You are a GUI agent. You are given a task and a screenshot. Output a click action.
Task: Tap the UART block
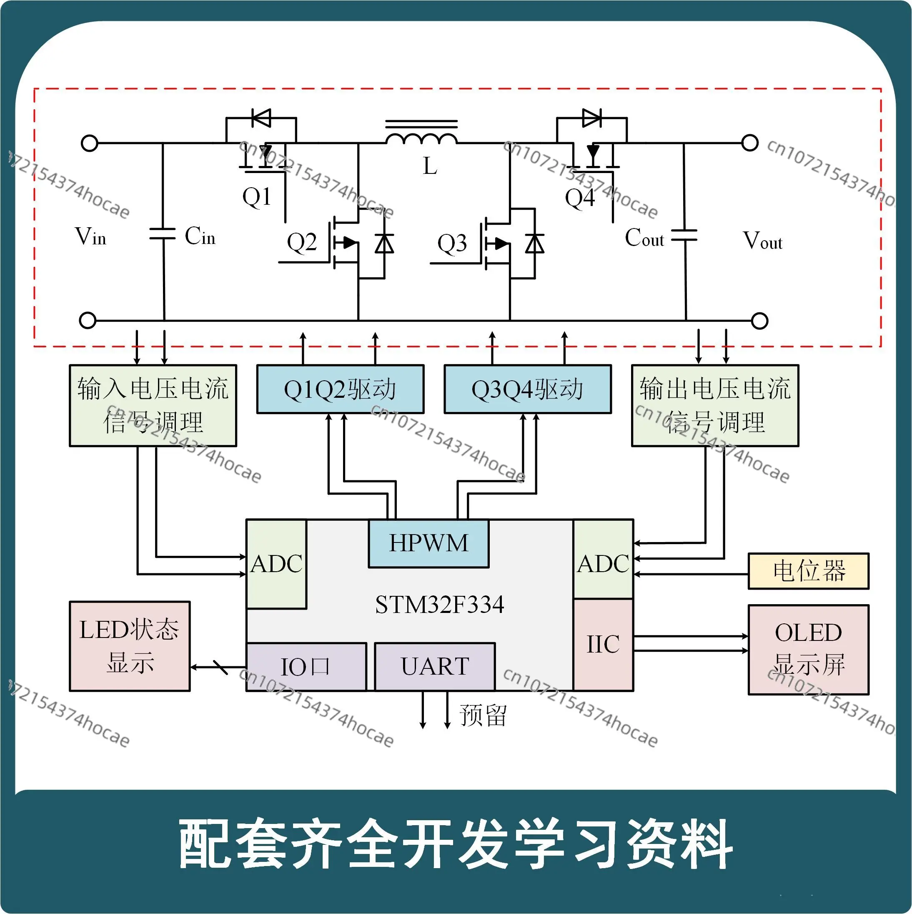435,667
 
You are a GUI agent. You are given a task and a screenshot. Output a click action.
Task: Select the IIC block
603,644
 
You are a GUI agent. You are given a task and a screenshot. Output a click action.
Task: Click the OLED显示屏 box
808,650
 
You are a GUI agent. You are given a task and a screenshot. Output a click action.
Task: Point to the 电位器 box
808,571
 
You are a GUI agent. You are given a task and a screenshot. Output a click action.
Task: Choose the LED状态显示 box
130,646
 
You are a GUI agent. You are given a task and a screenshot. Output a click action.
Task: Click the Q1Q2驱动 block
340,389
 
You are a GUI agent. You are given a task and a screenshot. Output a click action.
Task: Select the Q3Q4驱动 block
527,389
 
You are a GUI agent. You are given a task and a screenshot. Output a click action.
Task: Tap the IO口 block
306,667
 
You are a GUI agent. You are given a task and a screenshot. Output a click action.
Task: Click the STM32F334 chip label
439,605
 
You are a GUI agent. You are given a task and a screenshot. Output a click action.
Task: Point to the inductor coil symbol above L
421,137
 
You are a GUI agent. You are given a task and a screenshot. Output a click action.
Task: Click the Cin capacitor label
200,236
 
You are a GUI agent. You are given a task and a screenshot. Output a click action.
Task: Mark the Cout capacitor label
644,238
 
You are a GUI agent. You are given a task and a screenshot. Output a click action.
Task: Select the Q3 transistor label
452,244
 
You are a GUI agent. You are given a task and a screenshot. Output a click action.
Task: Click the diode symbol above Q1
261,118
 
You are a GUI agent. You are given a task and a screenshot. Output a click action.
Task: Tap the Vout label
762,241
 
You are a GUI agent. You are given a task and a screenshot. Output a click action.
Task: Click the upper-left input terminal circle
89,143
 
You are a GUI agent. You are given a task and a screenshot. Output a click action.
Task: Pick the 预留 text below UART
483,715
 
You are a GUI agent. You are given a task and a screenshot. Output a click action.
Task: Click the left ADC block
276,564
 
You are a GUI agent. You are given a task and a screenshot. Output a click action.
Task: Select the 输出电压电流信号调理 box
715,405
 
